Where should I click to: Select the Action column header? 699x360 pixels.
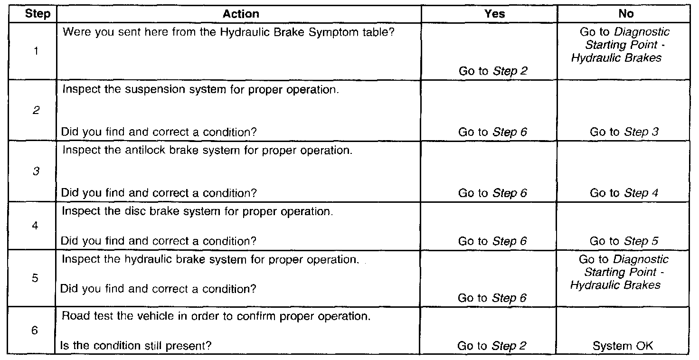(x=241, y=14)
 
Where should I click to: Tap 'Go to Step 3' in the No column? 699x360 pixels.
(x=624, y=133)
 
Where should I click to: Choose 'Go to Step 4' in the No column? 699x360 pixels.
(x=624, y=193)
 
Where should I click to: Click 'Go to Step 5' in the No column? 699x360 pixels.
(x=624, y=241)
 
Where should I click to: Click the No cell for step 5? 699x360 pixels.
(x=623, y=272)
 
